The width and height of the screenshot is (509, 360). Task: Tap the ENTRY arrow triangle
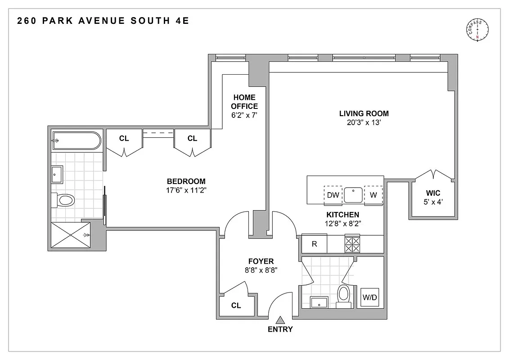coord(280,320)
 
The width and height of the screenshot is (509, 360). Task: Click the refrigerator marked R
coord(314,244)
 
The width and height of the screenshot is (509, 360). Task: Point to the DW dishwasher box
coord(333,195)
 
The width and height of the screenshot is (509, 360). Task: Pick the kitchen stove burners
coord(352,244)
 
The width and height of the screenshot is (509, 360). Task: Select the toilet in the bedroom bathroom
coord(63,200)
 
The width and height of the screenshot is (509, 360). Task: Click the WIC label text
coord(433,193)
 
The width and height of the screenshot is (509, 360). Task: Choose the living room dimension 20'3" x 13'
coord(364,122)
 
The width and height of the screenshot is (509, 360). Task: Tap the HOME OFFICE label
coord(244,102)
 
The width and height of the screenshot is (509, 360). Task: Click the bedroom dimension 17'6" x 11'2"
coord(186,190)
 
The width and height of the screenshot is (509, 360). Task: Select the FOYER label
coord(261,261)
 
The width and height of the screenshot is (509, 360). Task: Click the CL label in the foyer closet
coord(236,306)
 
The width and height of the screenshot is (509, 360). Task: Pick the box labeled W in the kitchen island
coord(373,195)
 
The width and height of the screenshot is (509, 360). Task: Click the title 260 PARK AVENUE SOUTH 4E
coord(103,21)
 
